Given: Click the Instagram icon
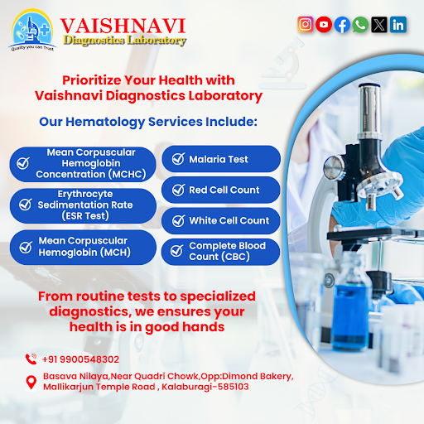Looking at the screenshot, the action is (x=306, y=24).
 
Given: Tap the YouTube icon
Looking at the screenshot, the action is (x=324, y=24).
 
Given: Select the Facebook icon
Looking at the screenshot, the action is (x=342, y=25).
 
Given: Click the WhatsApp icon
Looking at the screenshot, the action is (x=360, y=25).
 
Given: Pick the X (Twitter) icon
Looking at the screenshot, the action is (x=379, y=25).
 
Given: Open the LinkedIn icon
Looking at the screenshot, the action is (x=398, y=25).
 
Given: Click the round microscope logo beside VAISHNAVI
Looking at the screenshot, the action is (x=32, y=30).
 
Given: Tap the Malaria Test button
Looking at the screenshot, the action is (x=221, y=159).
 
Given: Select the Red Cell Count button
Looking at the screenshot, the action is (x=221, y=190).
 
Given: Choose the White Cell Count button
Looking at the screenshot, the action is (x=221, y=221).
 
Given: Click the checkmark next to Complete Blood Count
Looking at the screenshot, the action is (x=176, y=251).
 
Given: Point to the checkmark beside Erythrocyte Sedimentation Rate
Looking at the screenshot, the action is (x=26, y=205).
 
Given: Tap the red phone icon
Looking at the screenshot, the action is (x=31, y=359).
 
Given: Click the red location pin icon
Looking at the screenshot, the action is (x=31, y=383).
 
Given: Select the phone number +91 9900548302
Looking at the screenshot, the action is (x=80, y=359).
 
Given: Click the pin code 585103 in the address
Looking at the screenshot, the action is (x=234, y=387).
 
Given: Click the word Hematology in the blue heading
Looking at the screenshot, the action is (x=105, y=122).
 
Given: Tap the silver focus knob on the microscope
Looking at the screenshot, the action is (x=334, y=168).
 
